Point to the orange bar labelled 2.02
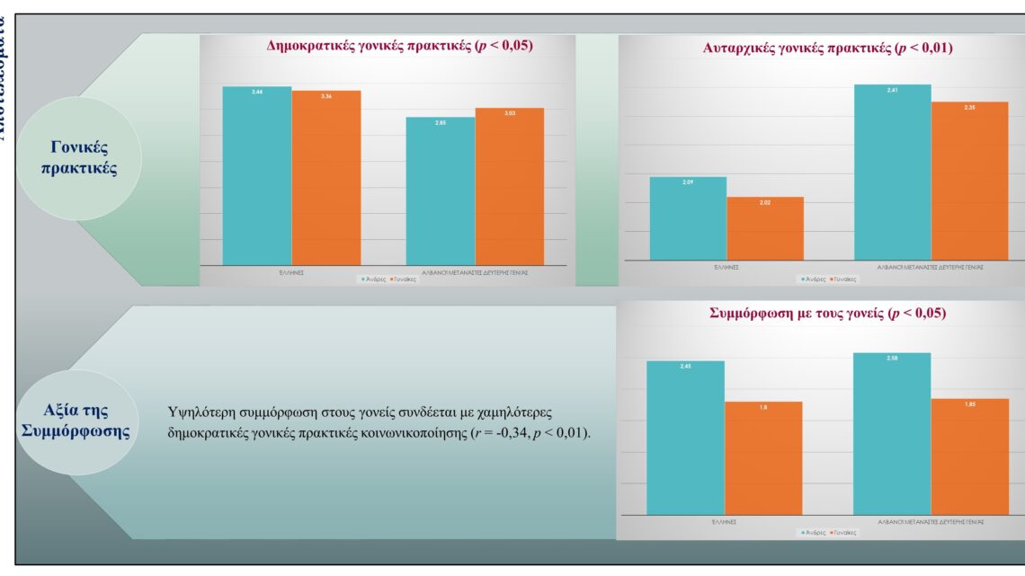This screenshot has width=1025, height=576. point(765,228)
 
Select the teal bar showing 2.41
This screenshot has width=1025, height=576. point(893,172)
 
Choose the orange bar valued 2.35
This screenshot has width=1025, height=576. point(970,181)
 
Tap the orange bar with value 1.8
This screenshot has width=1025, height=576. point(763,458)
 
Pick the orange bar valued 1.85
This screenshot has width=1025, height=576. point(970,456)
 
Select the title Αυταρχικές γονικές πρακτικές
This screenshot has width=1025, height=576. point(827,49)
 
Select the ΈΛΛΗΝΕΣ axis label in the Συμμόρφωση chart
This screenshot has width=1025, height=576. point(724,521)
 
